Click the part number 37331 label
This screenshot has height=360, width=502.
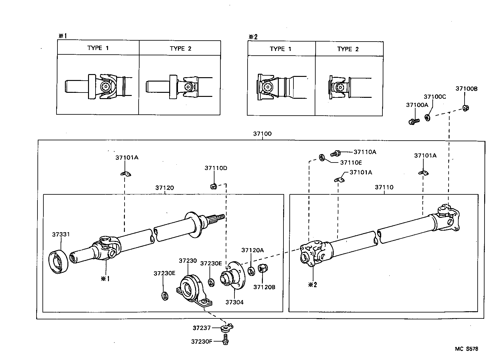pyautogui.click(x=61, y=234)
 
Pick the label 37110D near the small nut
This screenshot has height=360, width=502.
pyautogui.click(x=216, y=168)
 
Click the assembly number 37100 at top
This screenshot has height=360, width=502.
pyautogui.click(x=262, y=133)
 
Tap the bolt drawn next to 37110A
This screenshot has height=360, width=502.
pyautogui.click(x=336, y=153)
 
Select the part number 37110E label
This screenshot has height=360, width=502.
pyautogui.click(x=351, y=162)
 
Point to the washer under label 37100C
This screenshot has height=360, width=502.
pyautogui.click(x=427, y=118)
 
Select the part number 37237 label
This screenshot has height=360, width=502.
pyautogui.click(x=201, y=328)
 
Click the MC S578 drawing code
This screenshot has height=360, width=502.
pyautogui.click(x=466, y=349)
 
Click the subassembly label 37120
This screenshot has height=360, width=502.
pyautogui.click(x=165, y=187)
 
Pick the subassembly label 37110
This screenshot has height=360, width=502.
pyautogui.click(x=384, y=187)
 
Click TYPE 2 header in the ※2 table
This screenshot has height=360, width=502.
pyautogui.click(x=348, y=49)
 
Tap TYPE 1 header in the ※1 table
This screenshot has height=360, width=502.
pyautogui.click(x=98, y=48)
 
